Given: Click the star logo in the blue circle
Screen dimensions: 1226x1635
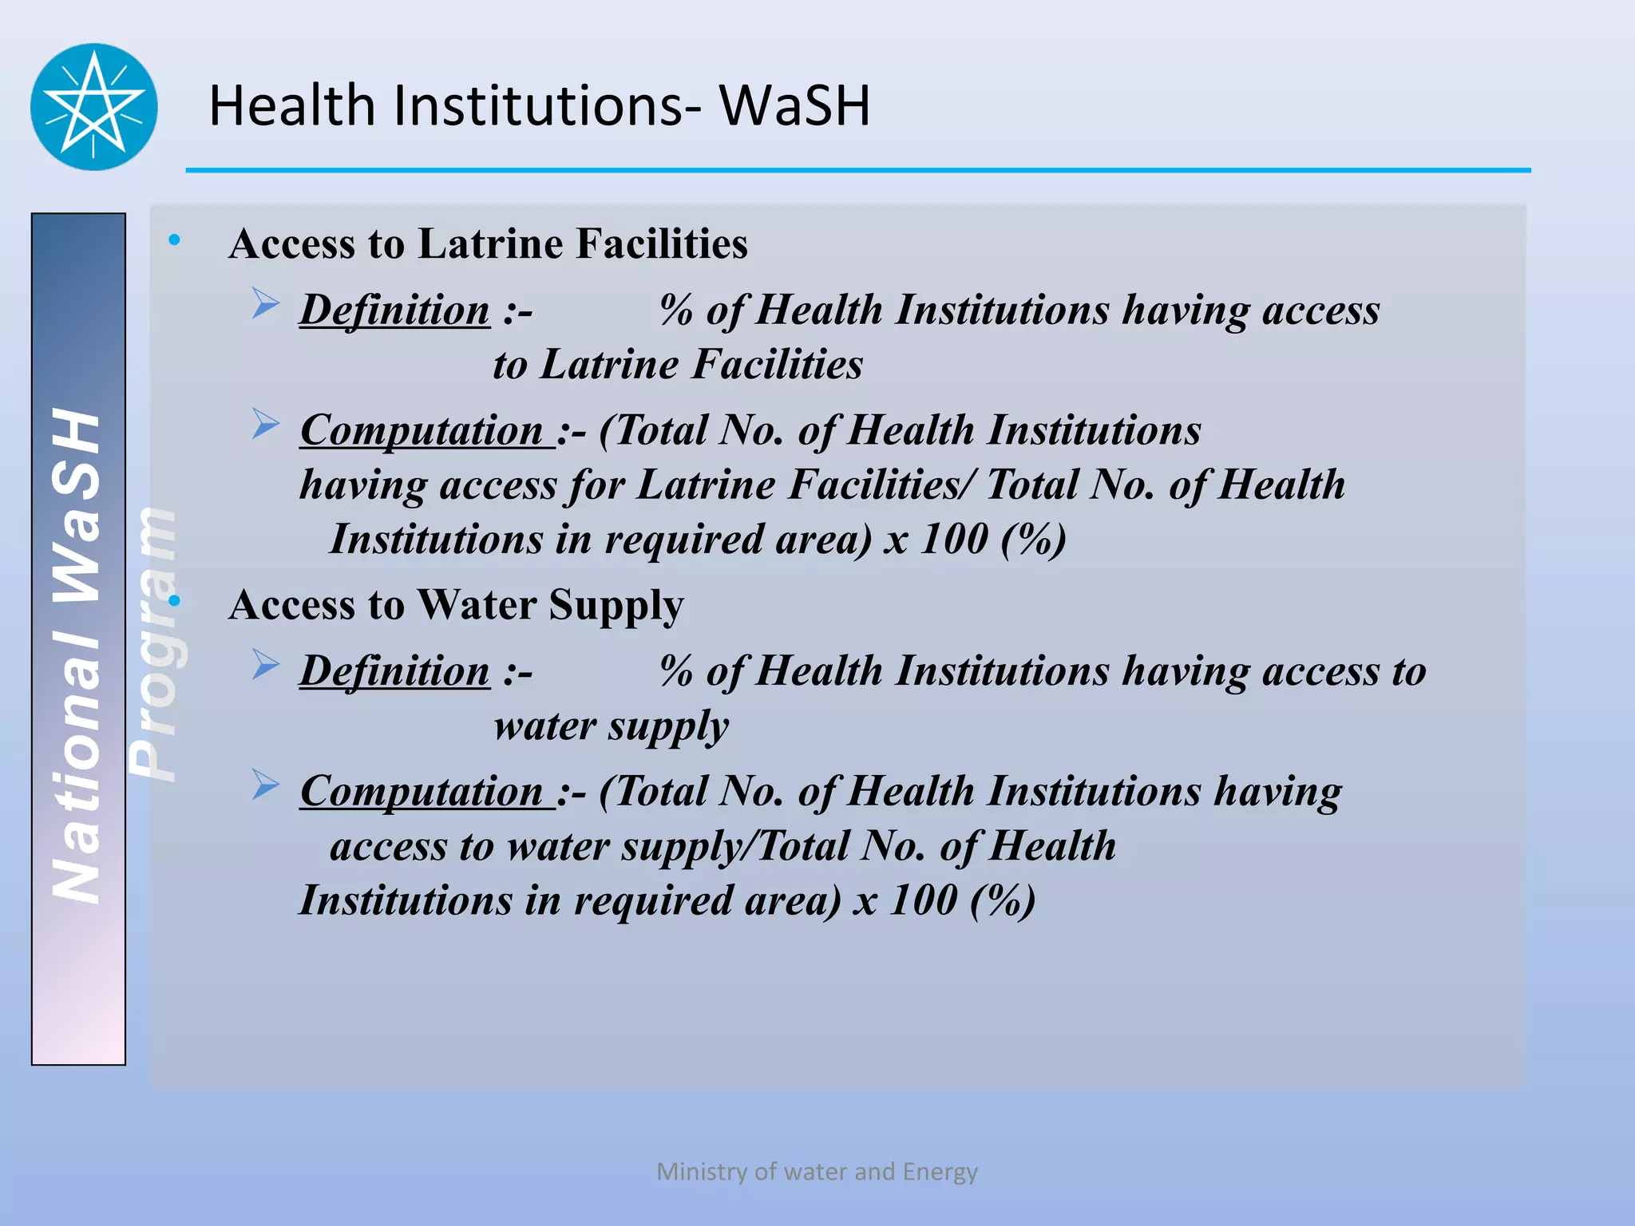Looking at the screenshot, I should coord(93,107).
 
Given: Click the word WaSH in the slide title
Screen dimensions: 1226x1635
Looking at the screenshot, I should coord(794,105).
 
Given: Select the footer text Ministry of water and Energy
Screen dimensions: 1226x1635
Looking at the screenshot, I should coord(817,1172).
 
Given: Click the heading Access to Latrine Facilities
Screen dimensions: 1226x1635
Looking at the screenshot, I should coord(488,243).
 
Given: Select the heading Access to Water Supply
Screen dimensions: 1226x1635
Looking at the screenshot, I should coord(456,604).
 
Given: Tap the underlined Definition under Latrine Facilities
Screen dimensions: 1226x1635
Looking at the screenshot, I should coord(394,310).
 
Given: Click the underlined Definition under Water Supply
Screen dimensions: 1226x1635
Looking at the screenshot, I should coord(394,670).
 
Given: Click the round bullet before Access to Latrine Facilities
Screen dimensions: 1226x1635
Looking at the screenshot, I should coord(174,239).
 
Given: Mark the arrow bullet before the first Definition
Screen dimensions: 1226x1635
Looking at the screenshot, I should coord(265,304).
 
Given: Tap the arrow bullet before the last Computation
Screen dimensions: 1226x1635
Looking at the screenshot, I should coord(265,785).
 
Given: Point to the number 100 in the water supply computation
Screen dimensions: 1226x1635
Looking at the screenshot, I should coord(923,900).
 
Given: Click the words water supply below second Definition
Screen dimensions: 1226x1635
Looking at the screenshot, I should coord(611,726).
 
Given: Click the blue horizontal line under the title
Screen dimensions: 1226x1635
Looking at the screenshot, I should coord(858,170).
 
